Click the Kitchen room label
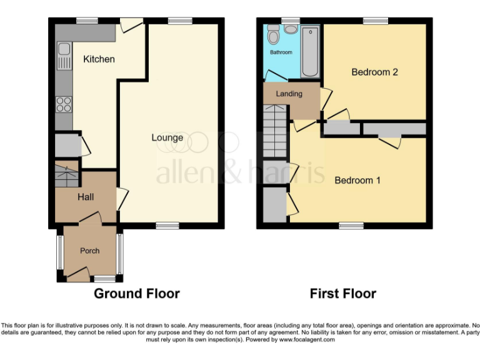tap(99, 59)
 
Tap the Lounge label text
tap(167, 137)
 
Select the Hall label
tap(86, 197)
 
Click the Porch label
tap(89, 251)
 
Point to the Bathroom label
tap(281, 52)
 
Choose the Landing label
tap(289, 94)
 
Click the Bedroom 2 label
tap(374, 72)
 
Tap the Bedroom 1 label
tap(357, 181)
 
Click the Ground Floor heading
tap(136, 293)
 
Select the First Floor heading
tap(342, 293)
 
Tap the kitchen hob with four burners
tap(64, 104)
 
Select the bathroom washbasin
tap(291, 29)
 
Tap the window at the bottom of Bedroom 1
tap(351, 225)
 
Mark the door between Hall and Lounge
tap(122, 199)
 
